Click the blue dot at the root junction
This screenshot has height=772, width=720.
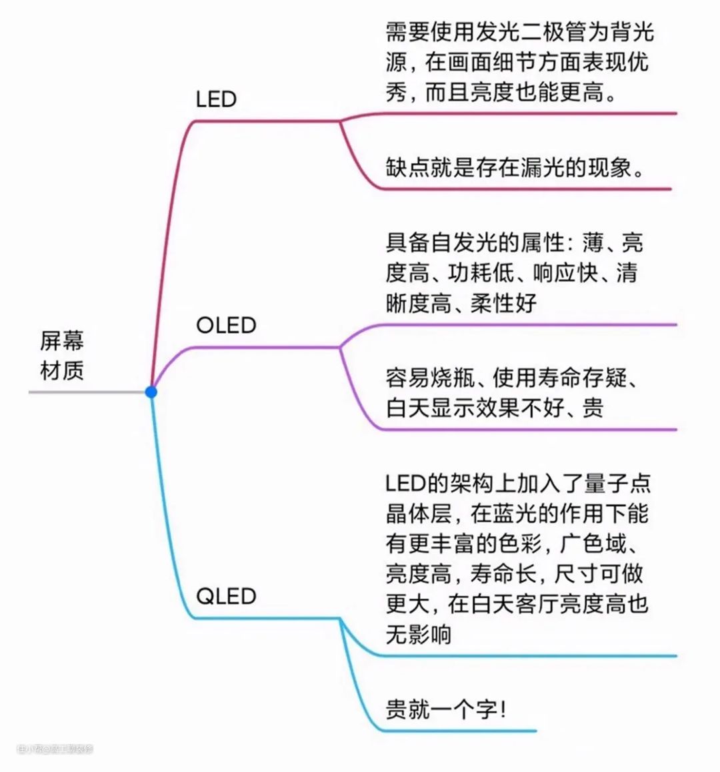tap(151, 392)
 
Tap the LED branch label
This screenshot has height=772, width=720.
tap(216, 99)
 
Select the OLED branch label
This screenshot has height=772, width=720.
tap(226, 325)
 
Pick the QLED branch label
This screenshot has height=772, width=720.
tap(226, 595)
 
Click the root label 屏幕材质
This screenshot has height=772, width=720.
tap(62, 356)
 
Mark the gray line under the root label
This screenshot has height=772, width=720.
tap(87, 392)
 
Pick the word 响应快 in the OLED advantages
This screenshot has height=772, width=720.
tap(565, 273)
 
